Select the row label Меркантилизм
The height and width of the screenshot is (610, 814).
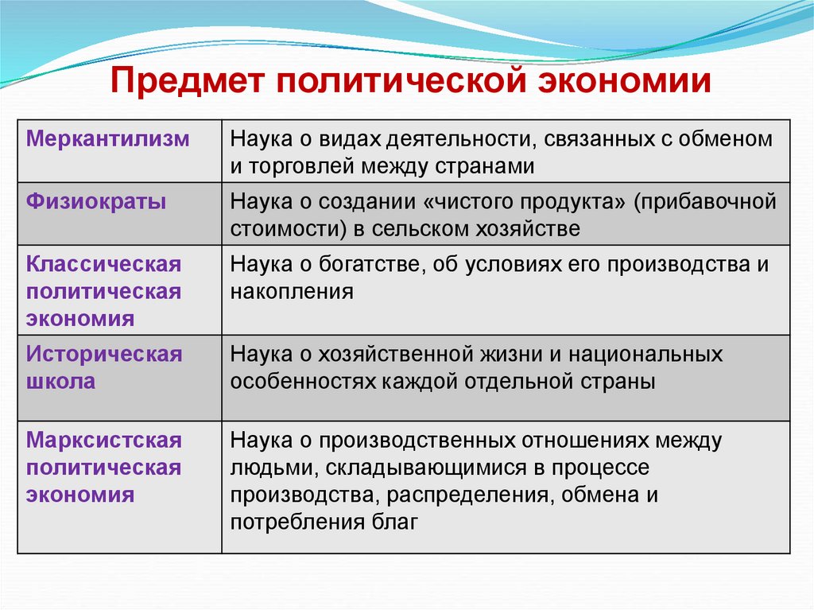click(108, 139)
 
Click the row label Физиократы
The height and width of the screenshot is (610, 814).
click(96, 202)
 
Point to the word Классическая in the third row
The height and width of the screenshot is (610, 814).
click(104, 264)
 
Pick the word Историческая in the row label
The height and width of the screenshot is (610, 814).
click(104, 354)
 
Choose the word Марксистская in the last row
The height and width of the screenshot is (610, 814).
click(104, 440)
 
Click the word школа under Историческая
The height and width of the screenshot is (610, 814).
click(61, 381)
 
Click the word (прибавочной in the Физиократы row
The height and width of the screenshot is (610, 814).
click(704, 202)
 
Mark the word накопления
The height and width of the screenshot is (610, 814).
click(292, 292)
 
